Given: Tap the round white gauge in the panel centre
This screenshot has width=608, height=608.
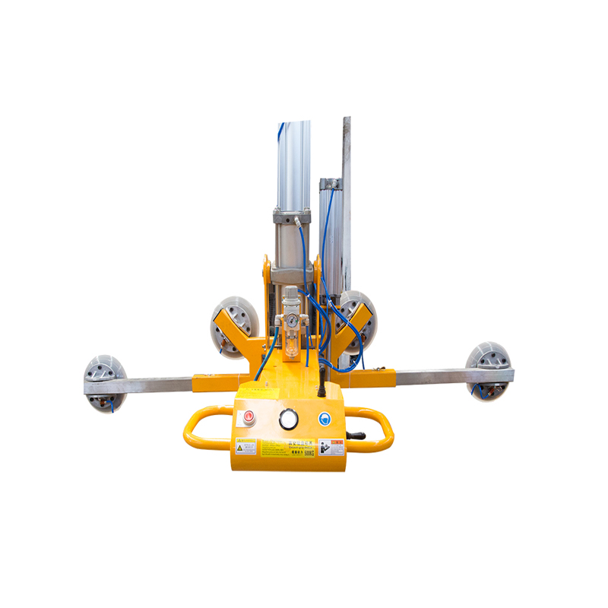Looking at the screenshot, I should coord(287,420).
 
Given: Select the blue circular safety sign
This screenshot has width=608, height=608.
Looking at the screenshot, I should coord(325,419).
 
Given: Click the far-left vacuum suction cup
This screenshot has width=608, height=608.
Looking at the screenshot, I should coord(105,382).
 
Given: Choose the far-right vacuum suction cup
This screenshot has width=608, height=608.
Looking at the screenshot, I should coord(488,371).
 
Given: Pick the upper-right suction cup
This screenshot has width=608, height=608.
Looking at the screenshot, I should coord(354,319).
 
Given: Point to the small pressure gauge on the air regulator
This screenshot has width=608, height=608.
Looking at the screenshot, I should coord(290,321).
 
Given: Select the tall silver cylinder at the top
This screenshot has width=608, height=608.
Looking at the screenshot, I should coord(294,163).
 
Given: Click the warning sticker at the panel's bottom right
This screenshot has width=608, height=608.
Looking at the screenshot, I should coord(331,448).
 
